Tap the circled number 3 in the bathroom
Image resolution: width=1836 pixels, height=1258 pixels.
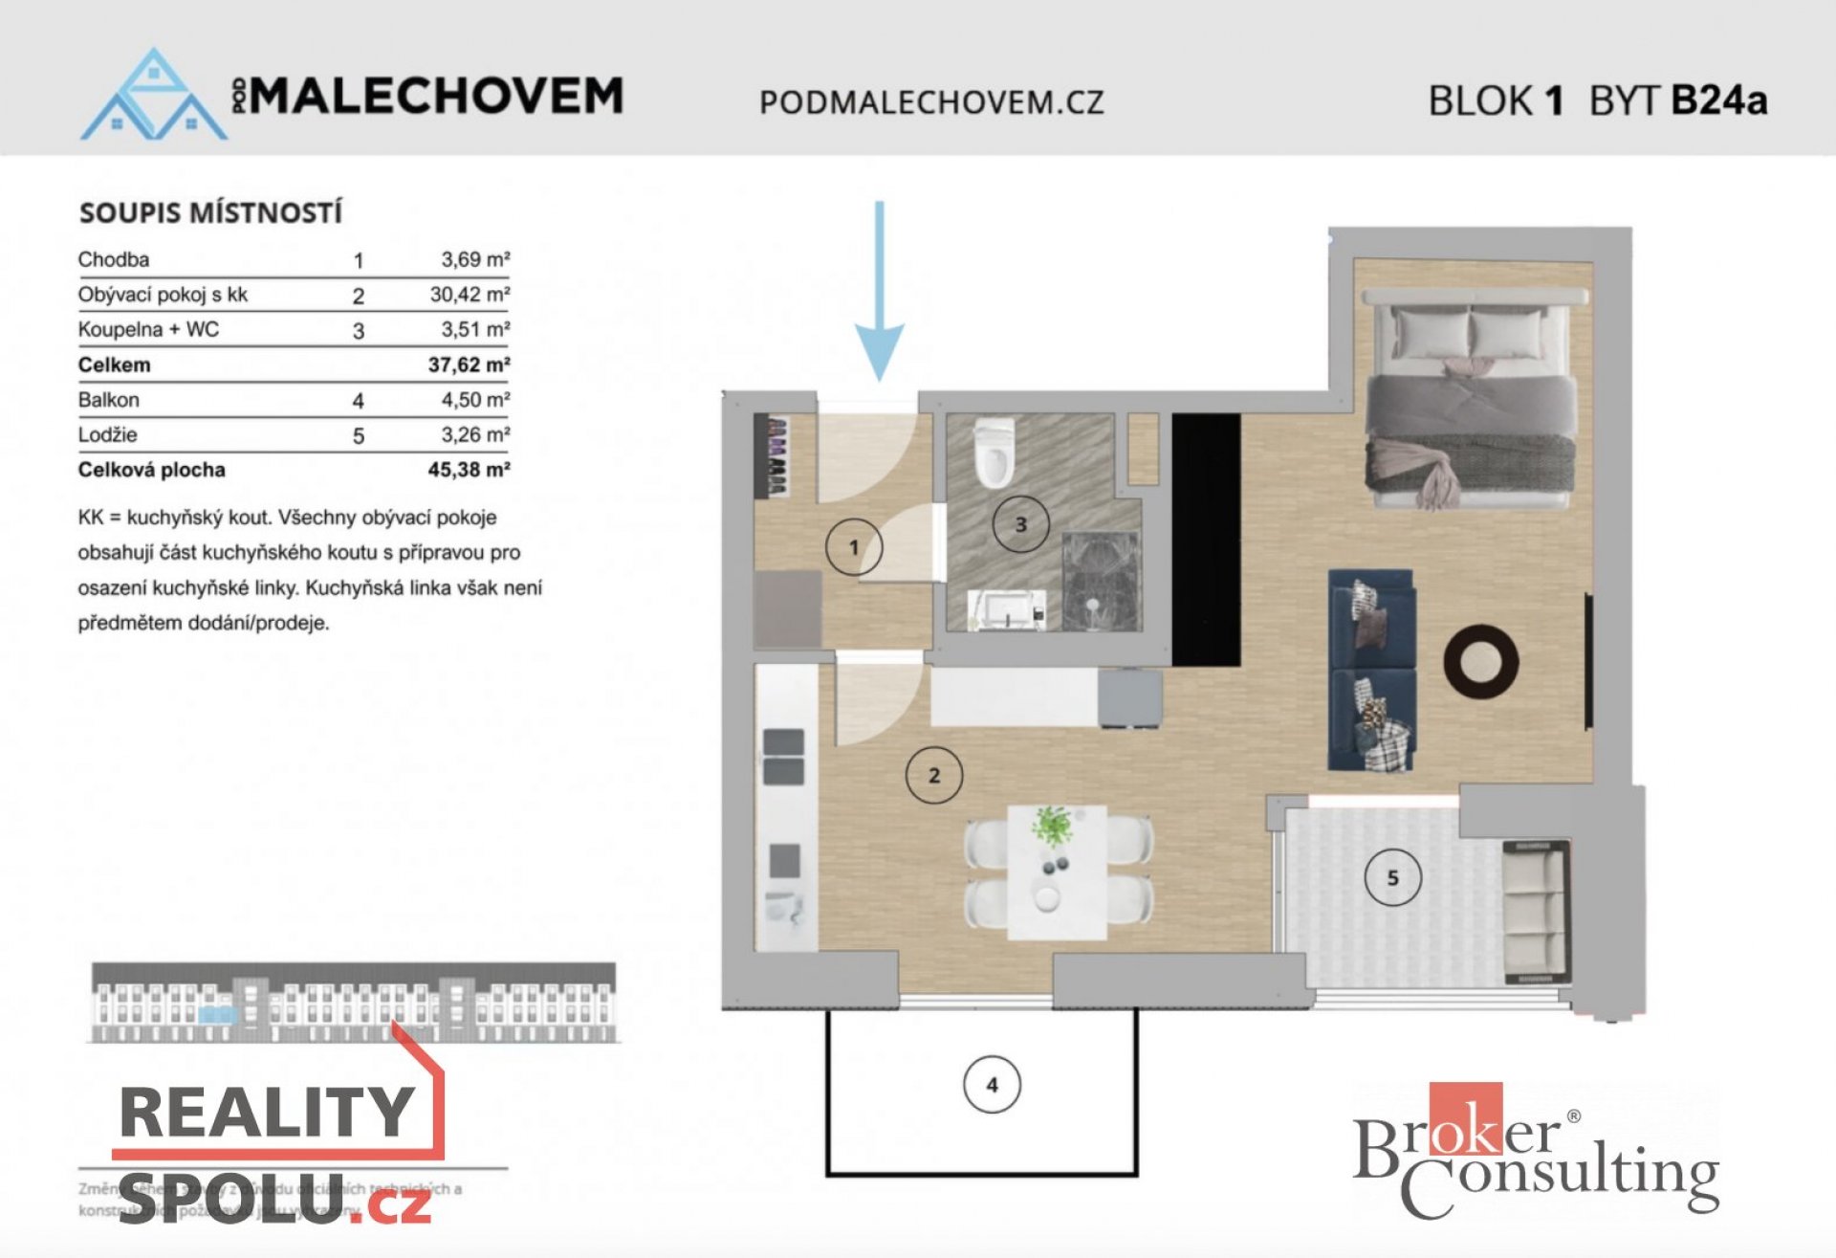coord(1020,524)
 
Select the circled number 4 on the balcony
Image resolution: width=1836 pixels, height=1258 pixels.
coord(992,1085)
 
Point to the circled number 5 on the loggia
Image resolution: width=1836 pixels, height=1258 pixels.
coord(1392,877)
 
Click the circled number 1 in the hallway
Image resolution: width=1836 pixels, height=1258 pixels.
coord(853,547)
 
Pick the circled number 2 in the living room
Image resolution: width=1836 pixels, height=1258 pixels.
coord(933,775)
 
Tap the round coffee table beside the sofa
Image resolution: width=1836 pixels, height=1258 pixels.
coord(1480,661)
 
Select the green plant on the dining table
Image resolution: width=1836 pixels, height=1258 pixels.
coord(1053,825)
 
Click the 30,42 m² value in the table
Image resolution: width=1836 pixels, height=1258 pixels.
coord(469,295)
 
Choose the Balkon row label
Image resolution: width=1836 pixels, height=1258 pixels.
coord(109,400)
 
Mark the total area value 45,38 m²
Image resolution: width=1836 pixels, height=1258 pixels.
coord(469,470)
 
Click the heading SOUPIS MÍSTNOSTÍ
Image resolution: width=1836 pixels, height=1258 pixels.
coord(210,212)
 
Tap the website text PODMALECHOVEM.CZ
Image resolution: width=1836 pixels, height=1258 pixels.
coord(931,102)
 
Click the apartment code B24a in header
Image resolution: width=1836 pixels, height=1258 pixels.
coord(1718,99)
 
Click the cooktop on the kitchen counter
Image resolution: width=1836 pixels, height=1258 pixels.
coord(783,757)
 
